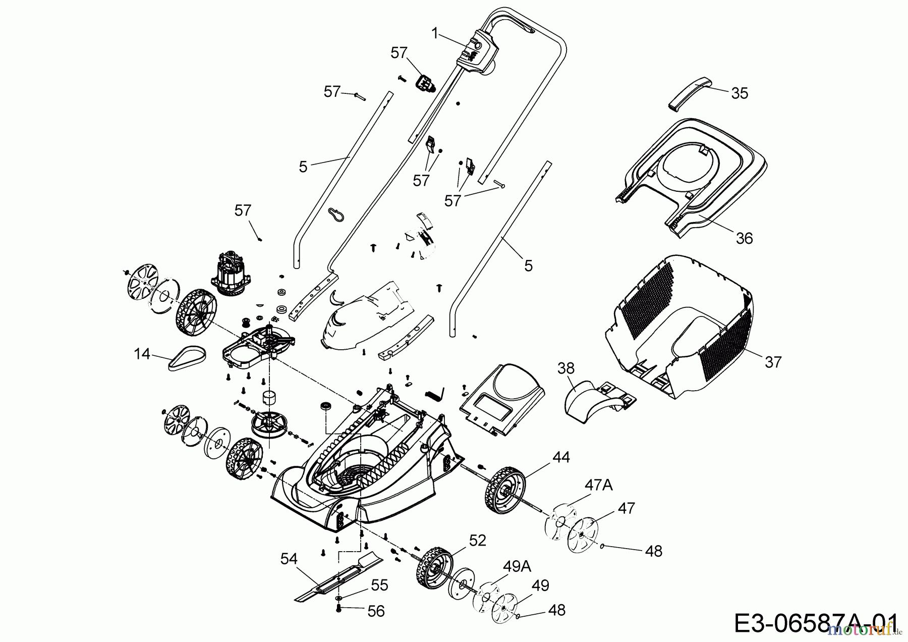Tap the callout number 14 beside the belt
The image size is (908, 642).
142,354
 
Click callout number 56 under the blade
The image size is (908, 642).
376,611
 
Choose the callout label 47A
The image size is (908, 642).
598,486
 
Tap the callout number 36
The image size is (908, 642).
744,238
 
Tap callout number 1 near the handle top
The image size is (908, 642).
435,33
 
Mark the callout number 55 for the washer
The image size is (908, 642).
379,585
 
